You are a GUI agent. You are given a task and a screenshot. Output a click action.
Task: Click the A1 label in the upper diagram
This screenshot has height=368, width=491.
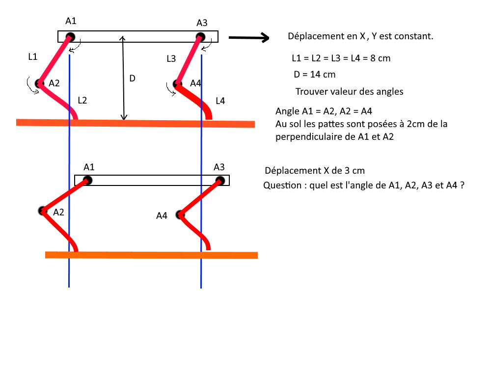point(71,21)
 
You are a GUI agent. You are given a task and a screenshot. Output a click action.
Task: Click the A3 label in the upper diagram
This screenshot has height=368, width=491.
point(202,23)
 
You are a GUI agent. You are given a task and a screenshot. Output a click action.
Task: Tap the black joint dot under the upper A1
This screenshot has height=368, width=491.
point(70,37)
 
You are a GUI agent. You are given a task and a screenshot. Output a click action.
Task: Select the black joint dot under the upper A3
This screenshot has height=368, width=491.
point(200,37)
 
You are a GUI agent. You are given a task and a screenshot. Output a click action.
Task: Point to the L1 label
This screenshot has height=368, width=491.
point(33,56)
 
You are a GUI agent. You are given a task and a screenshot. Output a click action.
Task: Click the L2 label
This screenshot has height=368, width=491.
point(82,101)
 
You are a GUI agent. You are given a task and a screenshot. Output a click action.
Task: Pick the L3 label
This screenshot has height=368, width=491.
point(171,59)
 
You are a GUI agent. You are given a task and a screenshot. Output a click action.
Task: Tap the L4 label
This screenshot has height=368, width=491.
point(220,101)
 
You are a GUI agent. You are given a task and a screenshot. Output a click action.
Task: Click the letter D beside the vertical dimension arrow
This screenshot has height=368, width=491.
point(133,78)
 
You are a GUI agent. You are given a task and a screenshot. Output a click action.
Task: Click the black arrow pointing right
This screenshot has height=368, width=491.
point(249,38)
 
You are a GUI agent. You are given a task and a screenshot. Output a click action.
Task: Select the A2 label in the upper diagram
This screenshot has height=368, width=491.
point(54,83)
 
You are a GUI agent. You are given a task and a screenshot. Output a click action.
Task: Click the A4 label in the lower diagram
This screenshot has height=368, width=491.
point(162,215)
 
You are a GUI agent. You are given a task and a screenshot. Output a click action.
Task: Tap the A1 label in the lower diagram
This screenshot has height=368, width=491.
point(89,167)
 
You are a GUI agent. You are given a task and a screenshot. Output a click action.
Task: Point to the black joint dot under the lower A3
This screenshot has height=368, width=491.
point(220,181)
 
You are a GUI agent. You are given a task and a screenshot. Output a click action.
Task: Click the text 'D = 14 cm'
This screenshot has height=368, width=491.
point(315,75)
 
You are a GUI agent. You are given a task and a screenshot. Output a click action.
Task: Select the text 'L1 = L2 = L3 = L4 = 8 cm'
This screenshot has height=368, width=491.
point(341,58)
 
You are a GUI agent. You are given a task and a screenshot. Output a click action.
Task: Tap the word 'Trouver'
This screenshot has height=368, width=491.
point(310,91)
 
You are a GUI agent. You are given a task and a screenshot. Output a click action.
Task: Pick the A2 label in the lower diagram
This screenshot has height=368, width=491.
point(58,212)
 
